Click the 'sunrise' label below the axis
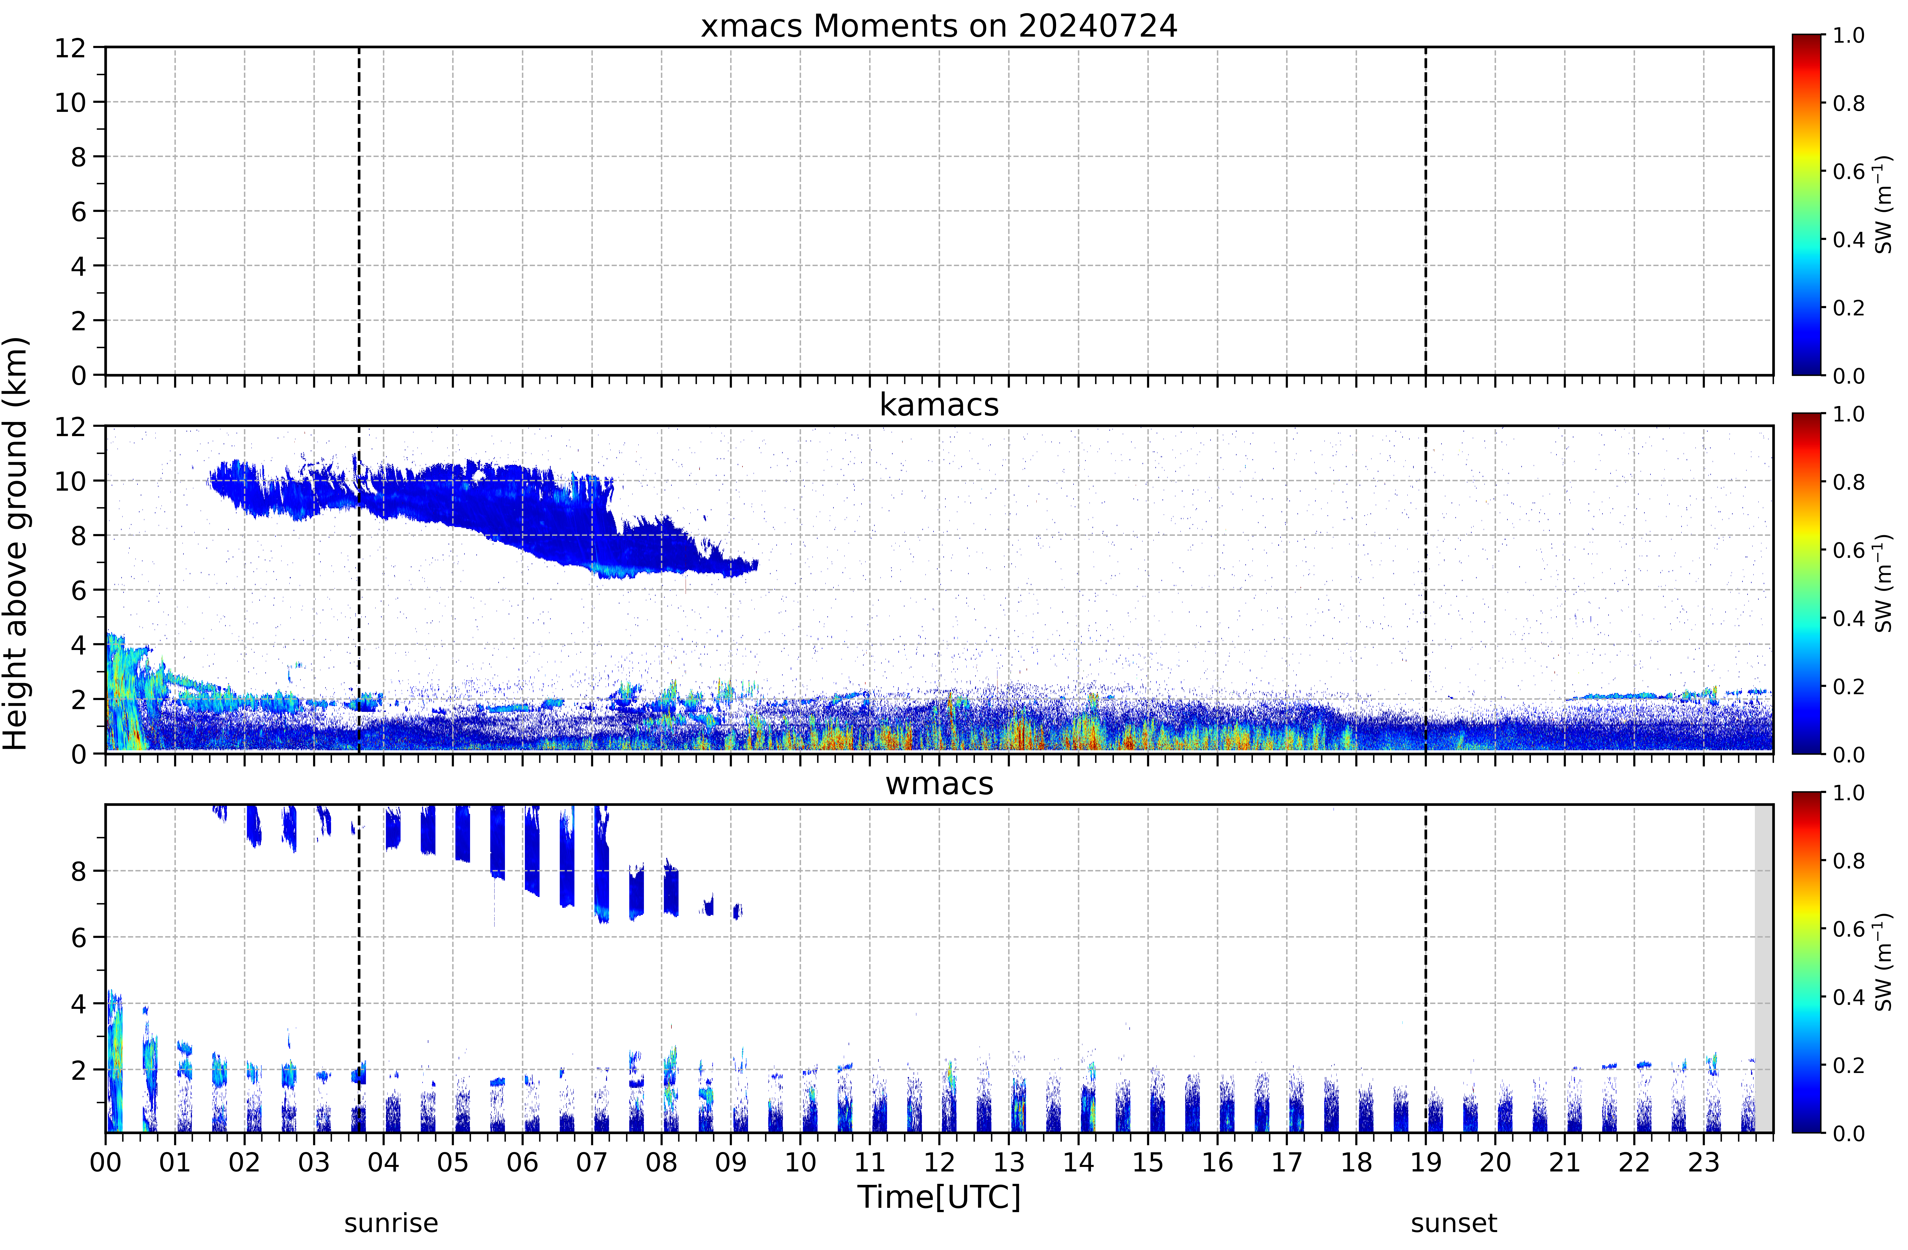click(391, 1223)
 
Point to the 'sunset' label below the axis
click(1453, 1223)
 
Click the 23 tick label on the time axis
click(1704, 1162)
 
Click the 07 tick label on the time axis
click(592, 1162)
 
